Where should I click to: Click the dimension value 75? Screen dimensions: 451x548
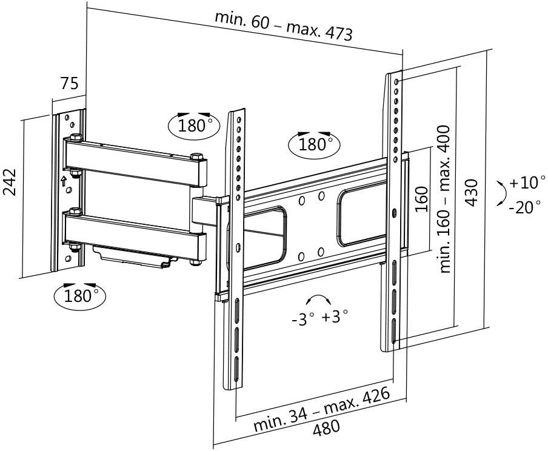click(69, 84)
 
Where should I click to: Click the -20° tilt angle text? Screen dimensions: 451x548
click(525, 207)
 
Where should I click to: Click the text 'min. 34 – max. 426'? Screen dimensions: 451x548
click(321, 409)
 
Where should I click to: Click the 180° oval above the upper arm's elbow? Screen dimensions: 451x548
click(193, 125)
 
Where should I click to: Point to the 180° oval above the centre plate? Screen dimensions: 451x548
click(314, 144)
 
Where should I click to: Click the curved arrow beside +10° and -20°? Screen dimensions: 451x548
click(501, 193)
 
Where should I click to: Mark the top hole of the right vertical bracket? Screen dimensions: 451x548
click(396, 81)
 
